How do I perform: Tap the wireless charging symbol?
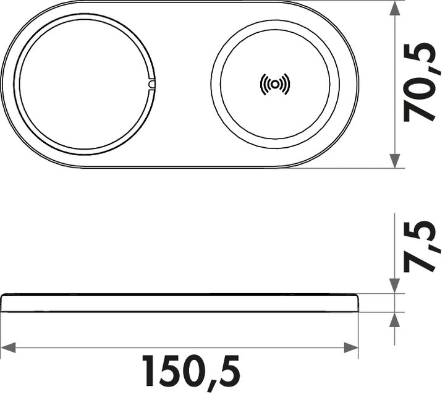click(274, 84)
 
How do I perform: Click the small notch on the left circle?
click(151, 84)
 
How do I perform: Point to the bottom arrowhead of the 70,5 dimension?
click(394, 161)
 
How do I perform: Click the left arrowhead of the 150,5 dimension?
click(8, 348)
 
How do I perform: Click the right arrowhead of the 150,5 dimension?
click(351, 348)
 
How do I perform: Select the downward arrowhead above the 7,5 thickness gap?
click(394, 286)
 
